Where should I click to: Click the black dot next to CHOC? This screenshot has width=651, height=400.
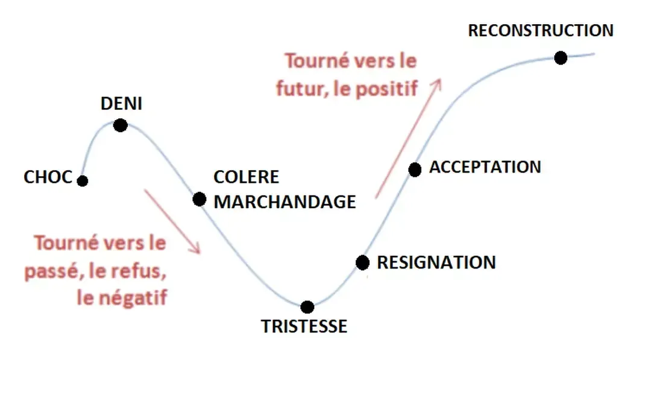click(83, 180)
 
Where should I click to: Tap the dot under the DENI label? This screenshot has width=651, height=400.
click(120, 125)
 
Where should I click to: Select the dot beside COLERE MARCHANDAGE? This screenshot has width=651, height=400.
click(200, 199)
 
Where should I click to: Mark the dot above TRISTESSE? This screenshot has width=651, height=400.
click(307, 306)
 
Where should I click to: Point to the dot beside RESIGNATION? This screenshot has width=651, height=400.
click(362, 262)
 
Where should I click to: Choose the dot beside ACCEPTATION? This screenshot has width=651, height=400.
click(415, 170)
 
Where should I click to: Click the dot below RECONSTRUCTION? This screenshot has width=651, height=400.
click(561, 58)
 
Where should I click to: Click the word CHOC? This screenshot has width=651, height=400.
click(48, 177)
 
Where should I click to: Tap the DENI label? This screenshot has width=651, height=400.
click(121, 104)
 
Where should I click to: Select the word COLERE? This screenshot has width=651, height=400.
click(247, 177)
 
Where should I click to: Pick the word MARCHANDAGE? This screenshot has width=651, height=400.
click(285, 202)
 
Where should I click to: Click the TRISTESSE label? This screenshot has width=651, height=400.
click(304, 326)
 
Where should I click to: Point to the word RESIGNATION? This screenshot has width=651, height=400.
click(436, 262)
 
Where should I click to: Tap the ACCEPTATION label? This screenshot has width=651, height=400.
click(485, 167)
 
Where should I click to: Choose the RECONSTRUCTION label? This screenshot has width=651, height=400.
click(541, 30)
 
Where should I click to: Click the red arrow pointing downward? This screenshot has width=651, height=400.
click(172, 221)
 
